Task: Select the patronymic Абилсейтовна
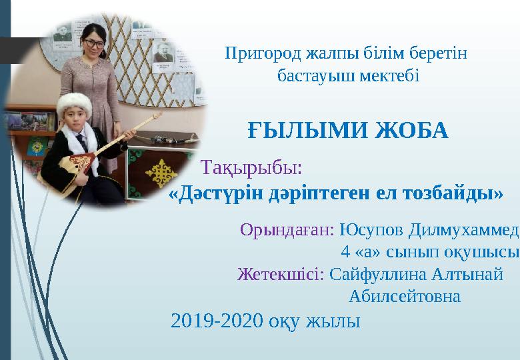tap(404, 295)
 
